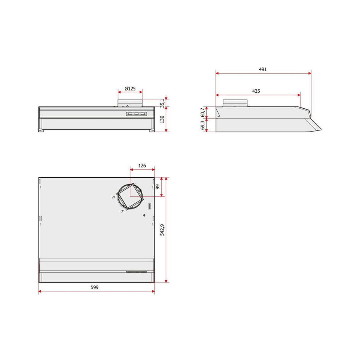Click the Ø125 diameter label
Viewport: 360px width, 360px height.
pyautogui.click(x=130, y=88)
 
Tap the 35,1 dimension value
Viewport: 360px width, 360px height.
pyautogui.click(x=162, y=103)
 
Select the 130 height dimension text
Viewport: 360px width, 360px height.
pyautogui.click(x=162, y=119)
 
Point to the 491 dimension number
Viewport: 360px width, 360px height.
pyautogui.click(x=263, y=69)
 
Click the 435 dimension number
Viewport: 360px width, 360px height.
pyautogui.click(x=256, y=91)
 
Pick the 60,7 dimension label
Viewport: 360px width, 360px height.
pyautogui.click(x=202, y=112)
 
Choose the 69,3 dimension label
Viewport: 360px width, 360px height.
pyautogui.click(x=202, y=125)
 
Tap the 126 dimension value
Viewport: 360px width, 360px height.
pyautogui.click(x=142, y=166)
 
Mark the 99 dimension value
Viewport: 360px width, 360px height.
pyautogui.click(x=157, y=186)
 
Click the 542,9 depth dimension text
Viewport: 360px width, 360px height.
pyautogui.click(x=162, y=230)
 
